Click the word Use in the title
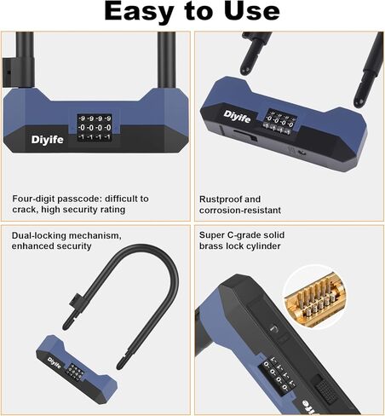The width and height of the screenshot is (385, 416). click(250, 12)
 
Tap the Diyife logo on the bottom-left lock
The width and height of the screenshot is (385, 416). click(56, 358)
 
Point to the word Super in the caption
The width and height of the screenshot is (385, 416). click(213, 234)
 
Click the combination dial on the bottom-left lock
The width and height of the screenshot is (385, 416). click(75, 371)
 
